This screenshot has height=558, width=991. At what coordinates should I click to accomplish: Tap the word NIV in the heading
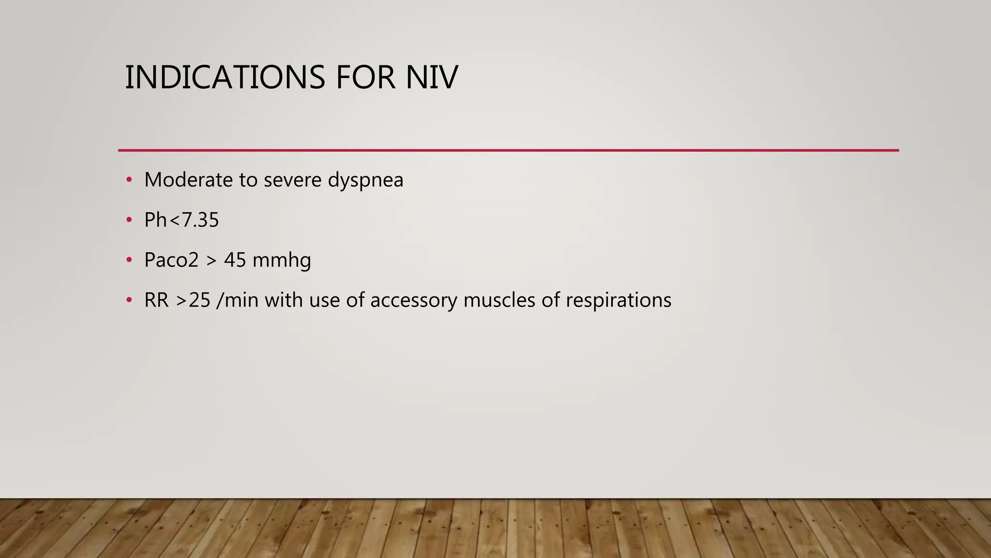[432, 77]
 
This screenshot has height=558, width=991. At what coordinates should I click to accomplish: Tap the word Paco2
[171, 260]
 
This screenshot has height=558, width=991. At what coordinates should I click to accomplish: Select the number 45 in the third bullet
[235, 260]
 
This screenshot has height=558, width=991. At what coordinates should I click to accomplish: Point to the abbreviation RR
[156, 300]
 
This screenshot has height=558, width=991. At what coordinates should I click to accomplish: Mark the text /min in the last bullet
[238, 300]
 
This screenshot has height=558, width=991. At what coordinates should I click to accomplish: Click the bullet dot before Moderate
[129, 180]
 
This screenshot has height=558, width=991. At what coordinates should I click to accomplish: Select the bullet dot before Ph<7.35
[129, 220]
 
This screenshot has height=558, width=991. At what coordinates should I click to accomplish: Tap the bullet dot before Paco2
[129, 260]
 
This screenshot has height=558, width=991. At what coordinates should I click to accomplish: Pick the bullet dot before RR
[129, 300]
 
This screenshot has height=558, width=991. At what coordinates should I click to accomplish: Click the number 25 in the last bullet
[199, 300]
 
